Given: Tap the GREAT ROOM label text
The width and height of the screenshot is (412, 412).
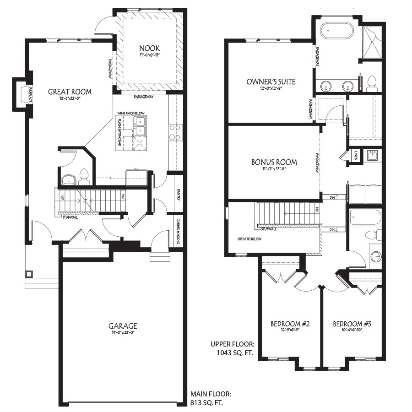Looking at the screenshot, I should pyautogui.click(x=70, y=92).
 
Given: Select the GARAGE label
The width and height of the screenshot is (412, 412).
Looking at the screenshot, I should pyautogui.click(x=122, y=326).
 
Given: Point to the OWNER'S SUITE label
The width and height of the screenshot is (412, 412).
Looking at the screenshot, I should pyautogui.click(x=271, y=82).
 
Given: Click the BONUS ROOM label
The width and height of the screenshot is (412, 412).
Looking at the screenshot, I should pyautogui.click(x=274, y=162).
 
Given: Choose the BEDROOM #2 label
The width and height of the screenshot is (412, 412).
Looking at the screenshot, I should pyautogui.click(x=290, y=324).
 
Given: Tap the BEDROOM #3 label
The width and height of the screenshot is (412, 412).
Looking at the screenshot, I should pyautogui.click(x=352, y=324).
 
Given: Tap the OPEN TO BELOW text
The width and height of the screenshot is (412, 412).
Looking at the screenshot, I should pyautogui.click(x=249, y=239).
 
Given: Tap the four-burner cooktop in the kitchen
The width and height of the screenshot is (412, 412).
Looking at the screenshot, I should pyautogui.click(x=174, y=132).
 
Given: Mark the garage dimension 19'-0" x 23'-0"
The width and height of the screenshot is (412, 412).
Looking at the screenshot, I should pyautogui.click(x=122, y=333).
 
